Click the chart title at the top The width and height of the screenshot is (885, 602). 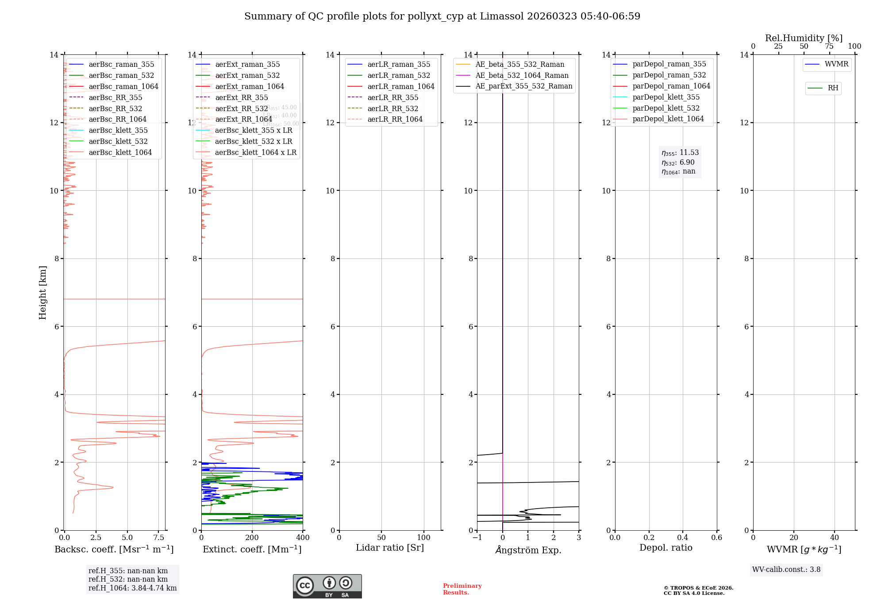click(x=442, y=16)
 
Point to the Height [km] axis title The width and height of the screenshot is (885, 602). click(x=42, y=292)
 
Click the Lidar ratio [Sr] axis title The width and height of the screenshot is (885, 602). click(x=390, y=548)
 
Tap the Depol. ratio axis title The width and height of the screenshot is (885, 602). click(x=666, y=548)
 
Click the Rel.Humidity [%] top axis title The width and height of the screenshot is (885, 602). click(x=804, y=38)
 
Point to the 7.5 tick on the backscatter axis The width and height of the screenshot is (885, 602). click(x=159, y=538)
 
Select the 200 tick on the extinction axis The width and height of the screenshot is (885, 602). click(x=252, y=538)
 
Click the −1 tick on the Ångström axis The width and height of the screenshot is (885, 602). click(x=477, y=538)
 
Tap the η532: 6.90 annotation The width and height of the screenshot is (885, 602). click(x=678, y=162)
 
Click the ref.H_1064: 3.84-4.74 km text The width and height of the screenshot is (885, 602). click(x=132, y=588)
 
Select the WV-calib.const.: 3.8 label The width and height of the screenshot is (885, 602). click(x=786, y=569)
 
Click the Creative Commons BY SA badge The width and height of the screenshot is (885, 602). click(x=327, y=586)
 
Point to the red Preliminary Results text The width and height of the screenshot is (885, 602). click(x=462, y=589)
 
